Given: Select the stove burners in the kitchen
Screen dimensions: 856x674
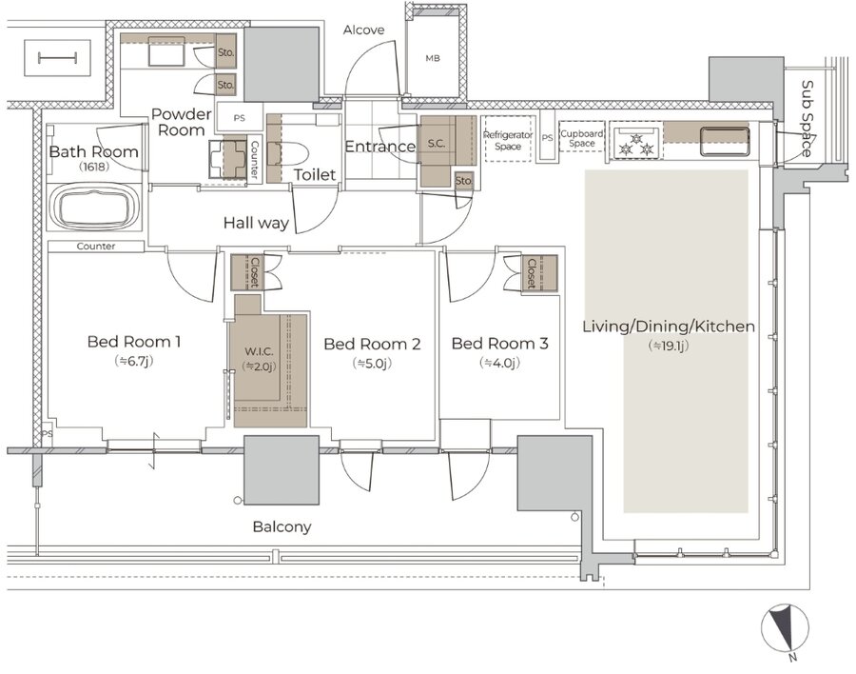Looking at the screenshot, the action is point(635,142).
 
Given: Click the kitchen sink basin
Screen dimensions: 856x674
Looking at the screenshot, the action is point(725,141).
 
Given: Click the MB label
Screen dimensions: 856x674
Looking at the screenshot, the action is point(433,58).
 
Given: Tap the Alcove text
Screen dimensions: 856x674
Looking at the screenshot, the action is point(363,30).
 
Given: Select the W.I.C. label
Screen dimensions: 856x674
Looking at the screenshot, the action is point(259,351).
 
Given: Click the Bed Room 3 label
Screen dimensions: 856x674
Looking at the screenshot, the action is point(499,344).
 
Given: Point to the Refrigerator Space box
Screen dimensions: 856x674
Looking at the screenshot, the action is point(508,139).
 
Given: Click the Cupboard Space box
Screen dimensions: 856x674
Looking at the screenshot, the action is point(582,137).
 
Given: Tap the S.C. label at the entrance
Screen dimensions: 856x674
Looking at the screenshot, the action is point(437,144).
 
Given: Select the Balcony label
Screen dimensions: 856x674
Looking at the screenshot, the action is point(282,527).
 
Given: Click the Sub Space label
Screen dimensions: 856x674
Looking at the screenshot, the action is point(807,119).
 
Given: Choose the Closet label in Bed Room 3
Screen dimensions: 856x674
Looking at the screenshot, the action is point(531,273).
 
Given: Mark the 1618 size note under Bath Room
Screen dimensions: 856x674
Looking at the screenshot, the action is point(94,167).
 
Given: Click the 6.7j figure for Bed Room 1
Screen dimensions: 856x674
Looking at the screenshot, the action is point(134,361).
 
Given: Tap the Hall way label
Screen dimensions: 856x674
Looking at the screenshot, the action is point(256,223).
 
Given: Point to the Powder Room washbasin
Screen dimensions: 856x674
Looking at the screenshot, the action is point(228,159).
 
